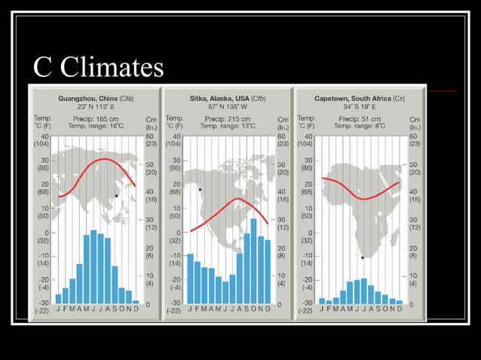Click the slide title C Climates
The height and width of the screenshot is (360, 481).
point(98,67)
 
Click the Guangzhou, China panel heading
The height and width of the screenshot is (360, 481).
point(94,99)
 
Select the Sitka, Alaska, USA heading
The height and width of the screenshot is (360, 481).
point(226,99)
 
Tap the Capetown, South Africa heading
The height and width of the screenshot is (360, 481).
point(358,99)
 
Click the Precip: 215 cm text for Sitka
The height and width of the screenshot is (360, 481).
point(226,119)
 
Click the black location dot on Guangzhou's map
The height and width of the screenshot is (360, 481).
point(116,196)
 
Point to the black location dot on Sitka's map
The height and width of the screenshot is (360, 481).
point(200,189)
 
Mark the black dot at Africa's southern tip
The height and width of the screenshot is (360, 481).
point(363,258)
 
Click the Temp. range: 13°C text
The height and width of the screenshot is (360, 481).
point(226,127)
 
